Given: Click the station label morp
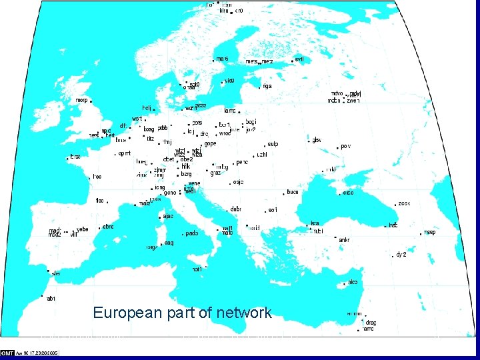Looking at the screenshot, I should (82, 100).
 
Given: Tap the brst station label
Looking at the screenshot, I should (75, 157).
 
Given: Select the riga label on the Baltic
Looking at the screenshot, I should (267, 86).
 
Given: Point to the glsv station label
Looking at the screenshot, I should (317, 140).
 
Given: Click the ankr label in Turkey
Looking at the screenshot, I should (344, 239).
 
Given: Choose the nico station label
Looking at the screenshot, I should (353, 282).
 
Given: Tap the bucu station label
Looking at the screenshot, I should (293, 192).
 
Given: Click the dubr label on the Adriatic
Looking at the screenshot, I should (236, 209).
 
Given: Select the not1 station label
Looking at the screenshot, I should (197, 269).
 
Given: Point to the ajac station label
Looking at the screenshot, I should (169, 216).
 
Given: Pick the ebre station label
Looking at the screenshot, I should (109, 227).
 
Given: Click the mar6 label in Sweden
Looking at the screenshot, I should (223, 59).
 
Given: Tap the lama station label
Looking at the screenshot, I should (231, 111).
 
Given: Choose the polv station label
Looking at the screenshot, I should (345, 146).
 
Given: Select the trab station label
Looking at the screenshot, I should (393, 225).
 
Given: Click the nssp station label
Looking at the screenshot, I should (430, 233).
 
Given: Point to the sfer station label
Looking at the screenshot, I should (57, 273).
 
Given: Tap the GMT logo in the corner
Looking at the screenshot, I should (8, 353).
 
